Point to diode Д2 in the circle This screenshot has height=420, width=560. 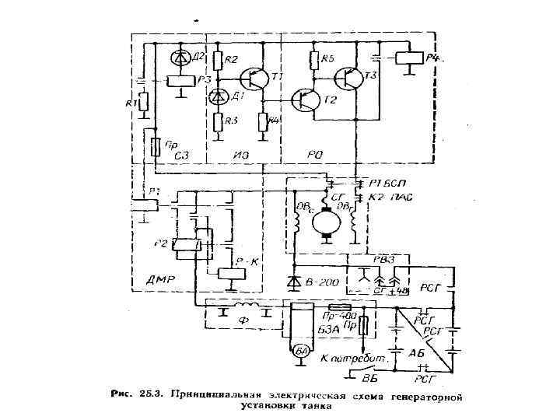coord(180,58)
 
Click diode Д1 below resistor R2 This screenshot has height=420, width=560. coord(218,96)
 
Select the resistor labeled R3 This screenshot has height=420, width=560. coord(218,121)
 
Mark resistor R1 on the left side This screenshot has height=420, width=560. coord(144,103)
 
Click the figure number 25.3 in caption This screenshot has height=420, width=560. coord(143,394)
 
